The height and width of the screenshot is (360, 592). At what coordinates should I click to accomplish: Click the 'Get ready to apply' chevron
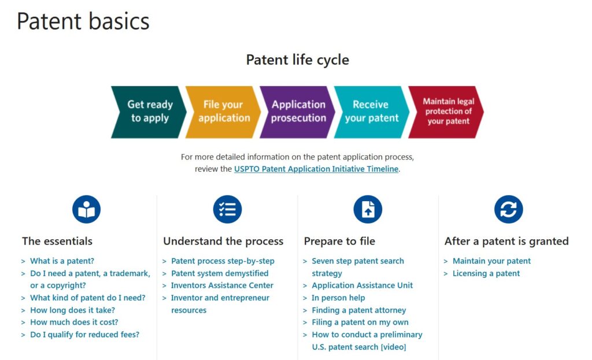pyautogui.click(x=149, y=112)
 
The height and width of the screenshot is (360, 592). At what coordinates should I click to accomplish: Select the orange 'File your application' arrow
pyautogui.click(x=224, y=112)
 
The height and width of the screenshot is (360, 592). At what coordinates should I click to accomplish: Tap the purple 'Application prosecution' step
pyautogui.click(x=298, y=112)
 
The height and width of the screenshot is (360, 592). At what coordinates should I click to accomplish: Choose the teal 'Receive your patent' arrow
pyautogui.click(x=372, y=112)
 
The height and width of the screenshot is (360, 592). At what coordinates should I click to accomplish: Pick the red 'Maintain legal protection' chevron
pyautogui.click(x=446, y=112)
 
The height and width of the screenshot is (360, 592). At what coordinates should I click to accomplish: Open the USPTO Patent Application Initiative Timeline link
pyautogui.click(x=316, y=169)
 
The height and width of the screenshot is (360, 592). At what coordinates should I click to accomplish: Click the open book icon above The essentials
pyautogui.click(x=87, y=209)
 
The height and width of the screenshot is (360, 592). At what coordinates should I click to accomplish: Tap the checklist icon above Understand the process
pyautogui.click(x=227, y=209)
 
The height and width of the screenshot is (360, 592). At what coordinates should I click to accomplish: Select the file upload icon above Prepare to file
pyautogui.click(x=368, y=209)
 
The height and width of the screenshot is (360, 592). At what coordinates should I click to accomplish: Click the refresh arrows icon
pyautogui.click(x=509, y=209)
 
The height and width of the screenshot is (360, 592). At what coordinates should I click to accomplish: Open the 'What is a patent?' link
pyautogui.click(x=62, y=261)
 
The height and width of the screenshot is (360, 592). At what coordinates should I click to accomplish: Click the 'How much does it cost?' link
pyautogui.click(x=74, y=322)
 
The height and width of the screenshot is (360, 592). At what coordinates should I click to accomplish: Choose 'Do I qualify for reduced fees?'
pyautogui.click(x=84, y=335)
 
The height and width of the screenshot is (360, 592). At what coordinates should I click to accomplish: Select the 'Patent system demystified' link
pyautogui.click(x=220, y=273)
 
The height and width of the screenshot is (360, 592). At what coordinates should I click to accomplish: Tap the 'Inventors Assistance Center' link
pyautogui.click(x=222, y=285)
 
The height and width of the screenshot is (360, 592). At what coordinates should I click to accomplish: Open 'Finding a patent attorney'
pyautogui.click(x=358, y=310)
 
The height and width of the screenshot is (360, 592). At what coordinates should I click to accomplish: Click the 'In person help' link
pyautogui.click(x=338, y=298)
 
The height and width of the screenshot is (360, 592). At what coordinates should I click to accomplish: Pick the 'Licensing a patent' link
pyautogui.click(x=486, y=273)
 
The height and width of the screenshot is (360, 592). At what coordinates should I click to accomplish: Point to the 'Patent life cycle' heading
pyautogui.click(x=298, y=60)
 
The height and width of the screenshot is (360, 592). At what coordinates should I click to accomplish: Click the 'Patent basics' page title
pyautogui.click(x=83, y=21)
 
